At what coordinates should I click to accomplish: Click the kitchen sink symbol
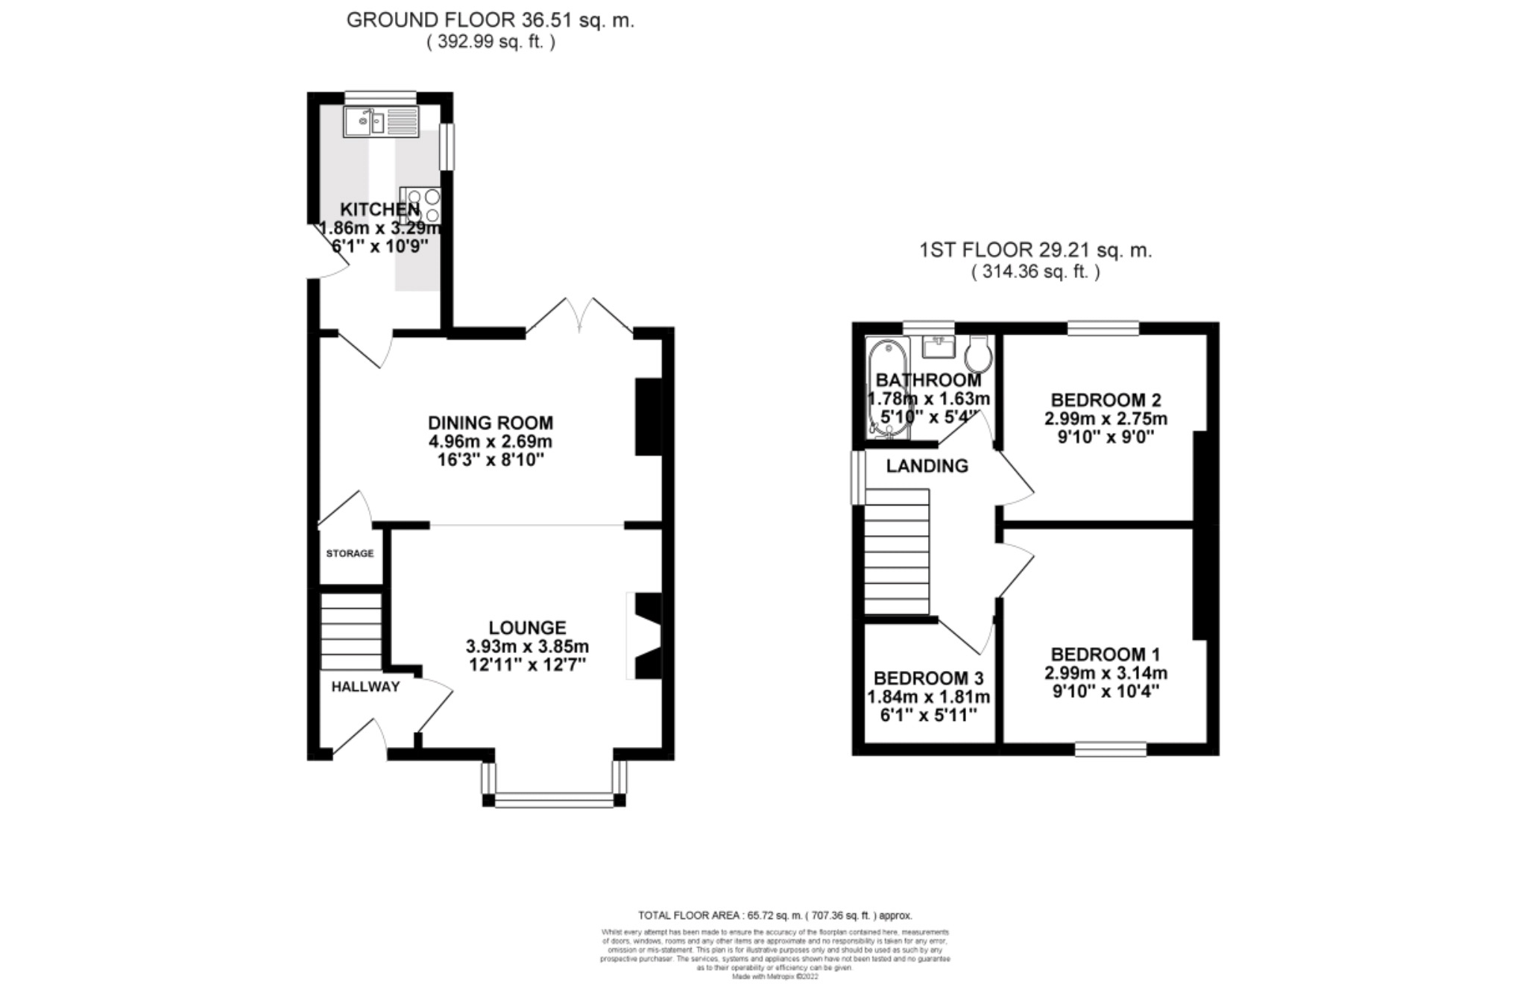pos(381,122)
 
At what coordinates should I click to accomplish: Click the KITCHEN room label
pos(379,209)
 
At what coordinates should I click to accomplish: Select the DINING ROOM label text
pos(491,423)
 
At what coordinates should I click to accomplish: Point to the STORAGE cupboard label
pos(350,554)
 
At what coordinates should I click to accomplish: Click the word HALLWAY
pos(365,687)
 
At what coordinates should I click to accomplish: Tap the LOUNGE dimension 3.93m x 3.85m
pos(527,646)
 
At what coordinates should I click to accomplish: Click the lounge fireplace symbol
pos(646,636)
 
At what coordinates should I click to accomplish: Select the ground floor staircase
pos(351,631)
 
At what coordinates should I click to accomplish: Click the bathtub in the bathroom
pos(886,388)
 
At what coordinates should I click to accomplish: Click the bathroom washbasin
pos(939,347)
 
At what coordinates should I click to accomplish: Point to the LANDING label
pos(927,466)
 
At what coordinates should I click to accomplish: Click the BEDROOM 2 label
pos(1106,400)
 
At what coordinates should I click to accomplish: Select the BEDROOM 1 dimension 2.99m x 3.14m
pos(1106,673)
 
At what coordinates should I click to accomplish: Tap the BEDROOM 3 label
pos(928,678)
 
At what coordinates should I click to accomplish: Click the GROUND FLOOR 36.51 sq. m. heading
pos(490,21)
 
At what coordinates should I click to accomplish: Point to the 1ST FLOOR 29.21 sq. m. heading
pos(1035,250)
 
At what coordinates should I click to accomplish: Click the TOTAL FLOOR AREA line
pos(775,916)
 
